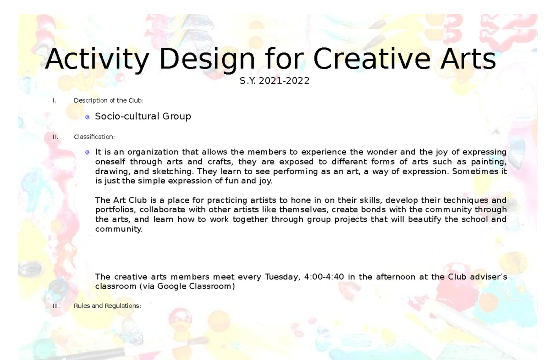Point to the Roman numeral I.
point(55,101)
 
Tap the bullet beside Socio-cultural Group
point(88,117)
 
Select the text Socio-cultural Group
point(143,116)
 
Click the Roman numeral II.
point(55,136)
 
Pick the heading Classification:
point(94,136)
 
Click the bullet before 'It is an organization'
point(88,152)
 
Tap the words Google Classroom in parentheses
point(195,287)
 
